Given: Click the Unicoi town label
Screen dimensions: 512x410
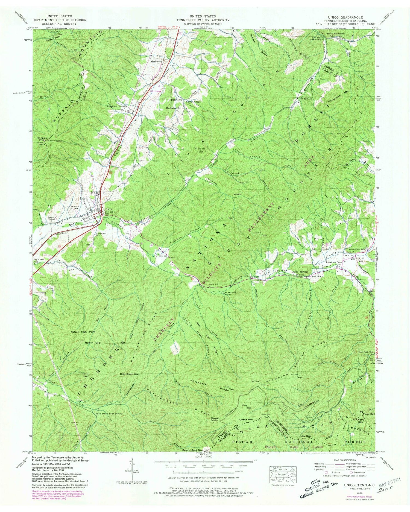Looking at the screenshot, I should pyautogui.click(x=108, y=210).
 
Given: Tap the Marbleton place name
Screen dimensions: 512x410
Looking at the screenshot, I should pyautogui.click(x=157, y=62).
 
